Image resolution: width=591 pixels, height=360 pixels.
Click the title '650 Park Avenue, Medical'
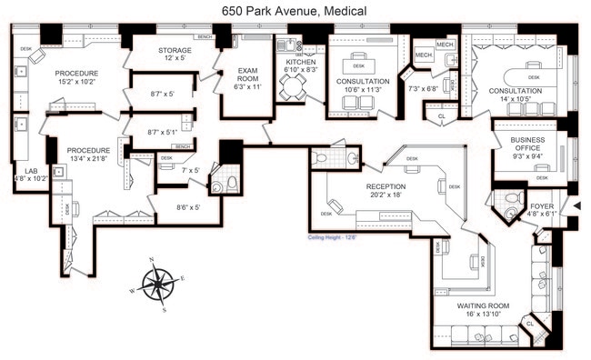tap(295, 10)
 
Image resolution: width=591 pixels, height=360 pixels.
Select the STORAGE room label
tap(175, 51)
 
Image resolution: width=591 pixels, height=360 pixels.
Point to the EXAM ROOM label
tap(248, 75)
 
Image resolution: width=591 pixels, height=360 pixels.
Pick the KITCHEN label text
tap(300, 62)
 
